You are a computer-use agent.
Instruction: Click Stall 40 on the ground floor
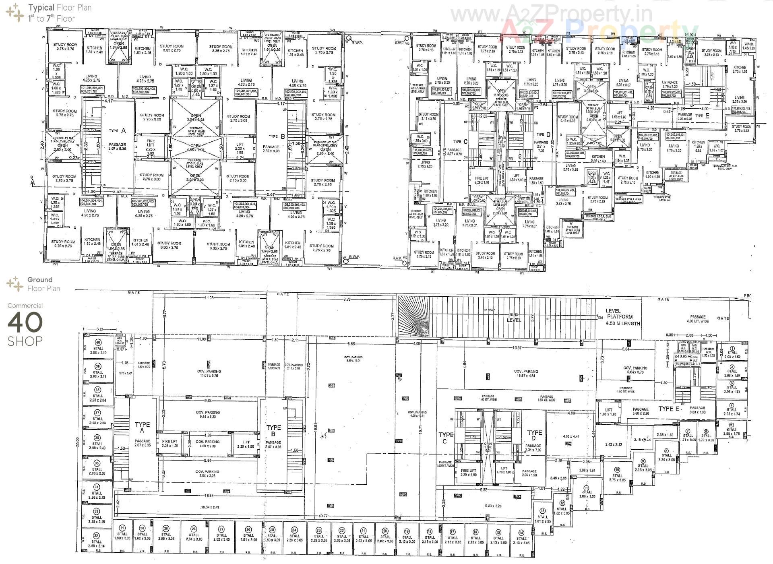point(98,347)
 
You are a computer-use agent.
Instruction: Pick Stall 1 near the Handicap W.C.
point(732,352)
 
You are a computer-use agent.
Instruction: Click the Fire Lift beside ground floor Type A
point(169,443)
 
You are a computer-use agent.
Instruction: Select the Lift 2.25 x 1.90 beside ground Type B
point(246,444)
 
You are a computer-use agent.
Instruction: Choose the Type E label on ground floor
point(668,409)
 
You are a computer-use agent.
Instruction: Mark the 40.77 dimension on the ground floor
point(322,516)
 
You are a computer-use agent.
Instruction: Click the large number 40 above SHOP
point(25,322)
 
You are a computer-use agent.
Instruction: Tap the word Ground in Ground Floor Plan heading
point(39,280)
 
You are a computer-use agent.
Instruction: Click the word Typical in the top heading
point(41,7)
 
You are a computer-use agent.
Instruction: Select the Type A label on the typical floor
point(118,130)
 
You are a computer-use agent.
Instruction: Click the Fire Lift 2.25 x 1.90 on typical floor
point(150,145)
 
